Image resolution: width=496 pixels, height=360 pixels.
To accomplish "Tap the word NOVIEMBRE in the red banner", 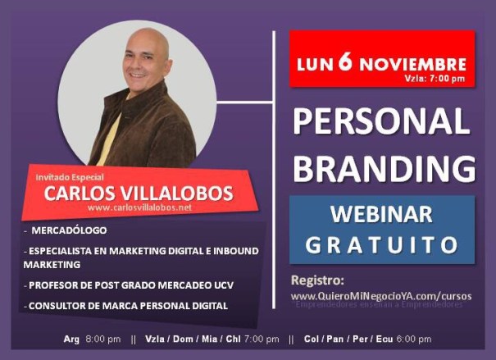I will coord(413,64).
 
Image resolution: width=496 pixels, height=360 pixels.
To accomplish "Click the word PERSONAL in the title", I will coord(382,122).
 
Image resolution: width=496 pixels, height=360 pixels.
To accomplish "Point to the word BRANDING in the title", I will coord(384,168).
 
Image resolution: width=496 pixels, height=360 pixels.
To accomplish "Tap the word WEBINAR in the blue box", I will coord(381,215).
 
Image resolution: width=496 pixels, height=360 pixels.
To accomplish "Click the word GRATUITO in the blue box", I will coord(381,244).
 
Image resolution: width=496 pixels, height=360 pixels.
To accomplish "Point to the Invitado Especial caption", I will coord(70,176).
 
